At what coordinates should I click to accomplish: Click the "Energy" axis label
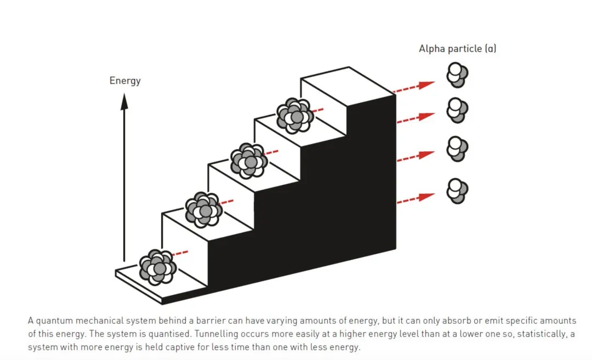[x=125, y=81]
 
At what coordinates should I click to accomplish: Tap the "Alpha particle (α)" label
[x=457, y=49]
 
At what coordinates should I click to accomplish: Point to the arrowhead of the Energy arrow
[x=124, y=101]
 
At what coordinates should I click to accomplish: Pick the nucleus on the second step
[x=203, y=209]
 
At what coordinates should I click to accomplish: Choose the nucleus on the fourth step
[x=295, y=116]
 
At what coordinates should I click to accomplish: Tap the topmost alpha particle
[x=457, y=75]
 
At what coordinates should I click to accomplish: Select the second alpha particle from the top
[x=457, y=111]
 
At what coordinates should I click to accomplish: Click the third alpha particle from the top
[x=457, y=148]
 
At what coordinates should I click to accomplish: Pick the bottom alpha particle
[x=457, y=191]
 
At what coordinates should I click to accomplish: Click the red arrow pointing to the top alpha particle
[x=415, y=87]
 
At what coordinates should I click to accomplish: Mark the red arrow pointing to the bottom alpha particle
[x=415, y=198]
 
